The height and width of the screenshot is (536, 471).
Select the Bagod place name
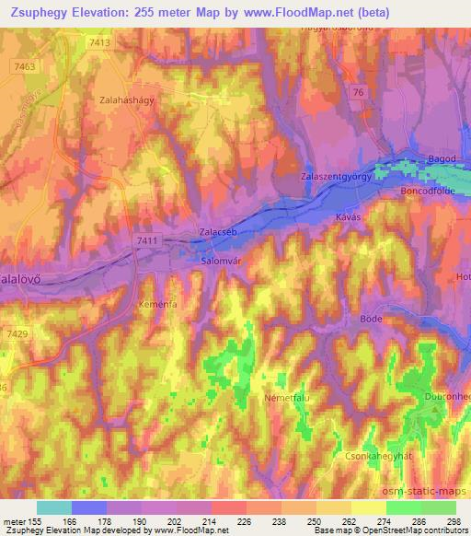coord(442,159)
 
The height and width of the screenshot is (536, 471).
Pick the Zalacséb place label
coord(219,232)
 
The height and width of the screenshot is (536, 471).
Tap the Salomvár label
coord(221,261)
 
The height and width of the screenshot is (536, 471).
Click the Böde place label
coord(371,318)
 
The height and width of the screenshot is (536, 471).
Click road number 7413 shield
coord(102,42)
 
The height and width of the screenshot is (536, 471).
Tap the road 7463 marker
coord(25,66)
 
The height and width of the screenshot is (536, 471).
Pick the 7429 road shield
coord(16,333)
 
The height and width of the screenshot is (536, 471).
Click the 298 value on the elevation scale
coord(452,520)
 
